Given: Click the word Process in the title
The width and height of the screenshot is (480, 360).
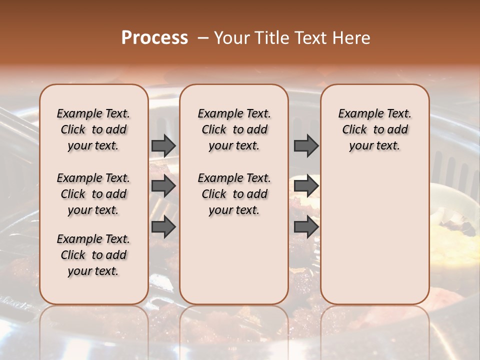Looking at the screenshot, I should pyautogui.click(x=154, y=38).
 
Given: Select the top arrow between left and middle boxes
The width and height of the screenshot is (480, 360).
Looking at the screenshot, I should pyautogui.click(x=163, y=146).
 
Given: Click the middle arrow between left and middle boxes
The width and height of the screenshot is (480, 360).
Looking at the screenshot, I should pyautogui.click(x=163, y=186).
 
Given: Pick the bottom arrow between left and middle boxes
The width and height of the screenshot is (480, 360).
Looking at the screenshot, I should pyautogui.click(x=163, y=227).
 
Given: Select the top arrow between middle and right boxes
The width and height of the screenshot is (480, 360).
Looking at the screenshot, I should pyautogui.click(x=306, y=146).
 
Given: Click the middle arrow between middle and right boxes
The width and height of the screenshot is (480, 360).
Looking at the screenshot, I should pyautogui.click(x=306, y=186).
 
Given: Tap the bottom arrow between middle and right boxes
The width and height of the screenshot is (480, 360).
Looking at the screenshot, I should pyautogui.click(x=306, y=227).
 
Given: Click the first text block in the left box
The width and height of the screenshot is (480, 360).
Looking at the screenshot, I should pyautogui.click(x=93, y=129).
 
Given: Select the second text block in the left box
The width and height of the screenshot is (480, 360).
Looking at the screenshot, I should pyautogui.click(x=93, y=194).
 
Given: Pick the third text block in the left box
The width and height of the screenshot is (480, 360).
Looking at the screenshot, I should pyautogui.click(x=93, y=255).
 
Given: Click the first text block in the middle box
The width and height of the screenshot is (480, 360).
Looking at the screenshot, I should pyautogui.click(x=234, y=129).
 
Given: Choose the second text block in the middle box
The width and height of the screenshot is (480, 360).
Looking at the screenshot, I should pyautogui.click(x=234, y=194).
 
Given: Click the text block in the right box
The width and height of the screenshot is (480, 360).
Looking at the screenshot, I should pyautogui.click(x=374, y=129).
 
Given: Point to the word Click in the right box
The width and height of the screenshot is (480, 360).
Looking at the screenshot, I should pyautogui.click(x=354, y=130).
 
